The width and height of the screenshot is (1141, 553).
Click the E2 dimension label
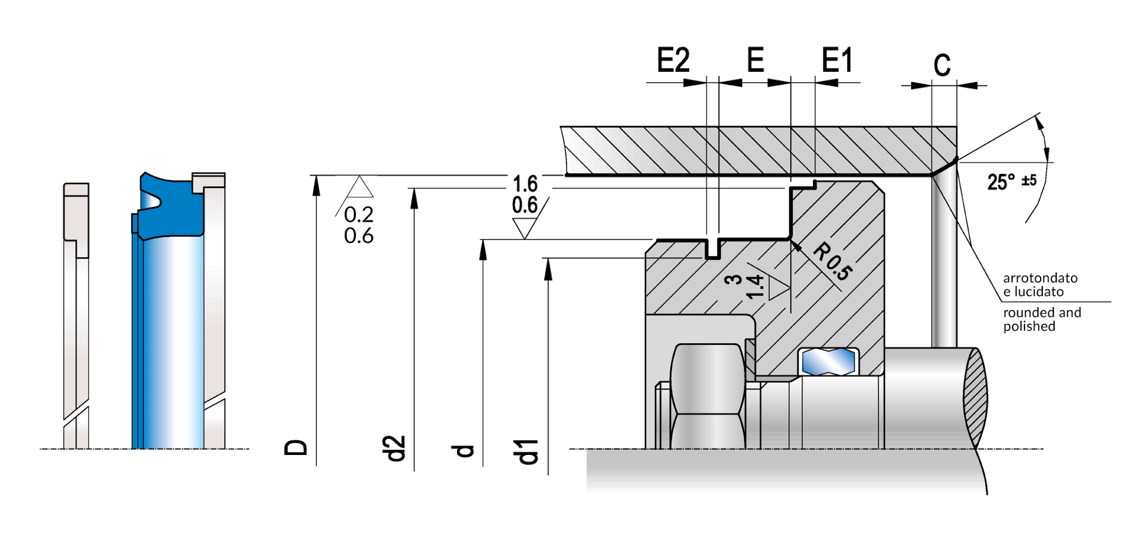tap(673, 60)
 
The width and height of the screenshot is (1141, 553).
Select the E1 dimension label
tap(837, 60)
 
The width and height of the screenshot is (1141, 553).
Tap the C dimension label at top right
tap(942, 65)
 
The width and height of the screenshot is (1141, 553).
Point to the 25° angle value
tap(1001, 182)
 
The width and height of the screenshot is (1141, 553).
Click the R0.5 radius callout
tap(833, 261)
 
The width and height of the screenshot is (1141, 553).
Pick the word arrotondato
tap(1040, 278)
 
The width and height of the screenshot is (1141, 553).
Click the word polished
tap(1029, 327)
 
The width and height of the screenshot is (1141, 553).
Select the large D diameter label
tap(296, 447)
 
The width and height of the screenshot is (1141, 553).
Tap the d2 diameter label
tap(393, 448)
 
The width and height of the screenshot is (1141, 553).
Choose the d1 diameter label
tap(527, 451)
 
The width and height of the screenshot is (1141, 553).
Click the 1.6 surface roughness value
tap(525, 184)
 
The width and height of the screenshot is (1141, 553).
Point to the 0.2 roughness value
tap(358, 214)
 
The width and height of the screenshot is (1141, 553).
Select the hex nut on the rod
tap(707, 396)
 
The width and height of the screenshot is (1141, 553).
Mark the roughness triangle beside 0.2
tap(360, 187)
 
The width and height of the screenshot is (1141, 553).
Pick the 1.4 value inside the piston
tap(754, 287)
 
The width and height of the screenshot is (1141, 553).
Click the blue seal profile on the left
tap(168, 205)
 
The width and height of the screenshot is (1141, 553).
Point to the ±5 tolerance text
tap(1029, 180)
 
